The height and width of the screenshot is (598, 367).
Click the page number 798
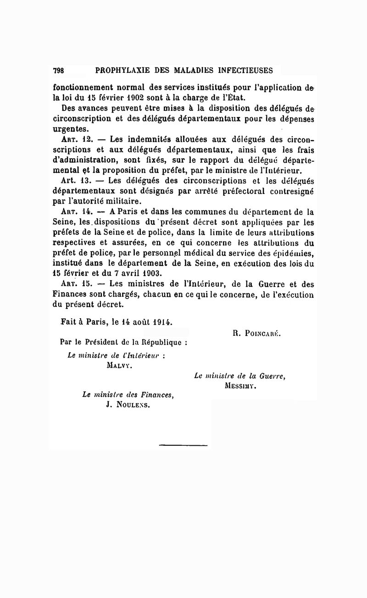tap(58, 71)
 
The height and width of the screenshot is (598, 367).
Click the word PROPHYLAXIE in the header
tap(120, 71)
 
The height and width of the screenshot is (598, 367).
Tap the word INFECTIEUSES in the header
tap(244, 71)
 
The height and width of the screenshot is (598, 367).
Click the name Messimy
tap(240, 386)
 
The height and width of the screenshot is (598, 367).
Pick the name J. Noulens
tap(128, 405)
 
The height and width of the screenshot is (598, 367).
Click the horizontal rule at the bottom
tap(183, 444)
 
